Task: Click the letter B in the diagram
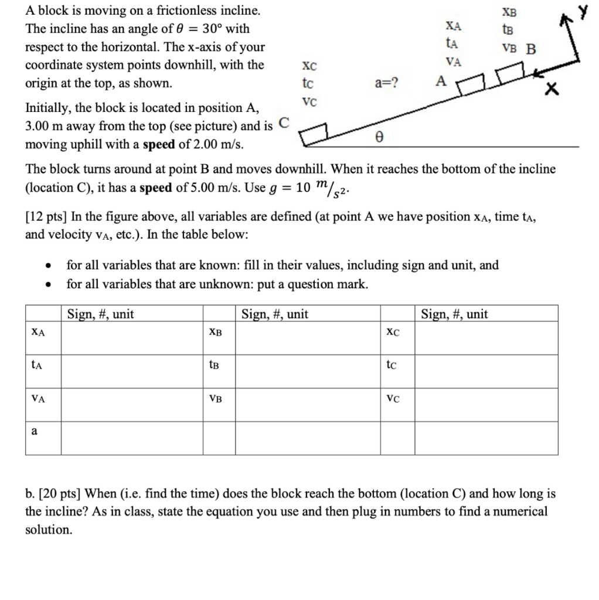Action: pos(530,49)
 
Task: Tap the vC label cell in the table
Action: pos(393,398)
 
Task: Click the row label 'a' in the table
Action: pos(35,431)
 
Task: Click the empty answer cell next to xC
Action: pos(486,332)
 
